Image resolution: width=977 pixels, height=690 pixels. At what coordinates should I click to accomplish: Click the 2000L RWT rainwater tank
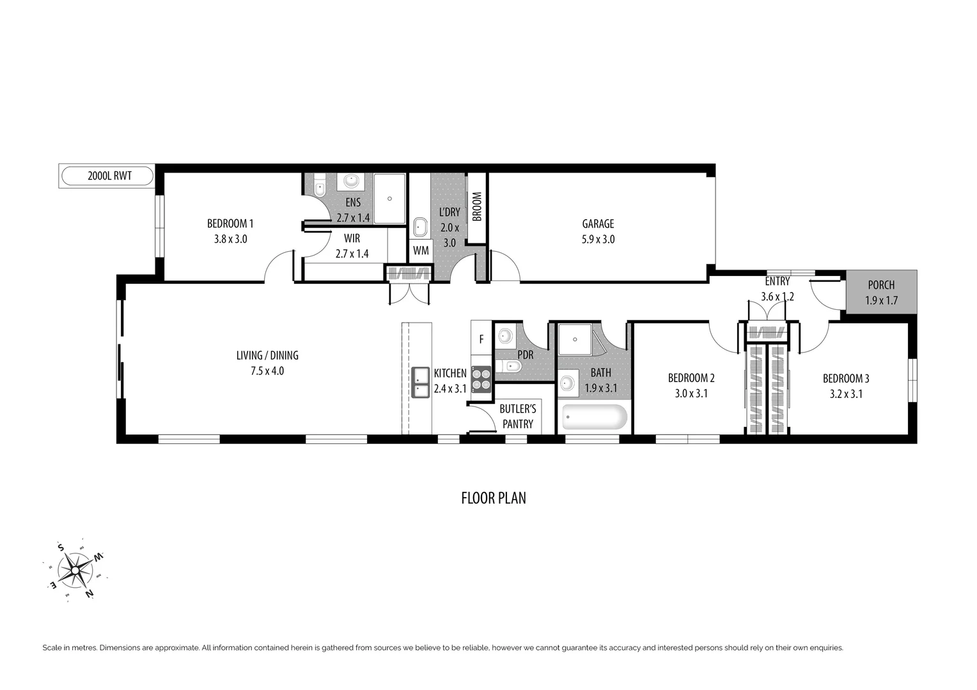coord(107,176)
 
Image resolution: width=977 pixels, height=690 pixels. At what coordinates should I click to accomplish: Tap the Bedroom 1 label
coord(230,224)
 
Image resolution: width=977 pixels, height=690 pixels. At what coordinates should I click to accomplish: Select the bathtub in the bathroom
coord(595,417)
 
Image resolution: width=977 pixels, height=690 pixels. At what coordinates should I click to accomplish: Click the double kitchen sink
coord(420,382)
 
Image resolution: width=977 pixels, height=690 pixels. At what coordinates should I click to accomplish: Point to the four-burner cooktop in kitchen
coord(481,378)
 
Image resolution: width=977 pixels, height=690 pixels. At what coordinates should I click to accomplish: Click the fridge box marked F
coord(481,339)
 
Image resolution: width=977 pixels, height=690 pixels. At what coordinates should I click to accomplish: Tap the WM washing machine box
coord(421,250)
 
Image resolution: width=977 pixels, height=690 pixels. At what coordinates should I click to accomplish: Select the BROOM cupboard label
coord(477,207)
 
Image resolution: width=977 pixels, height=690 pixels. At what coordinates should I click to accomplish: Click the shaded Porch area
coord(881,292)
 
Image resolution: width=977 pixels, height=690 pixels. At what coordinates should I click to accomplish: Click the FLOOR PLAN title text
coord(494,498)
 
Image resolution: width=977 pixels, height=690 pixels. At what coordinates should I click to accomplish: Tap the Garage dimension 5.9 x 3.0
coord(598,240)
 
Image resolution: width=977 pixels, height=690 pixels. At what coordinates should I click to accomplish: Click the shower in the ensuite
coord(389,199)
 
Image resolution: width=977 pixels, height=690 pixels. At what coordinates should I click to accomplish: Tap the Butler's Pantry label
coord(518,416)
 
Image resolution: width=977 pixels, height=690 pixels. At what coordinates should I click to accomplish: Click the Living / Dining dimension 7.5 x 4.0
coord(267,371)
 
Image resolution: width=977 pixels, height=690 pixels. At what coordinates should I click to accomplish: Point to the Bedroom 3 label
coord(846,378)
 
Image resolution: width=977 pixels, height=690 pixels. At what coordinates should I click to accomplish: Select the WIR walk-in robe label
coord(352,238)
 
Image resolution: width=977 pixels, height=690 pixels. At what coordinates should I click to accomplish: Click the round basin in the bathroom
coord(567,383)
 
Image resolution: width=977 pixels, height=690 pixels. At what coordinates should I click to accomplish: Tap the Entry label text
coord(778,281)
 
